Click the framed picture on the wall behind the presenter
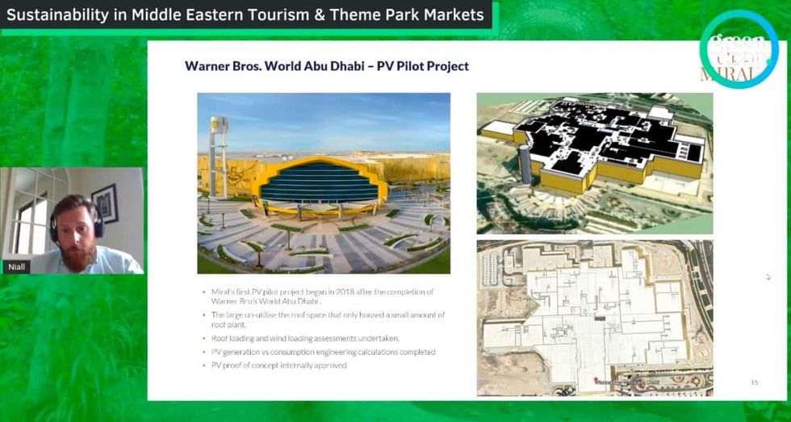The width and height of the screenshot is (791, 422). click(105, 203)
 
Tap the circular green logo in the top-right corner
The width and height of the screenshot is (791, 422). click(738, 48)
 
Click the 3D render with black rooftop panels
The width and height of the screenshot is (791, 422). click(595, 162)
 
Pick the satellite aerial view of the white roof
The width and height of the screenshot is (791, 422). click(595, 317)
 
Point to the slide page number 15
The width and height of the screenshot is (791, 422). click(754, 382)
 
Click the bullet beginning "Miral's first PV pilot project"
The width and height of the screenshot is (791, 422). click(323, 296)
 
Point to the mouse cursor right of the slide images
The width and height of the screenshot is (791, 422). click(768, 277)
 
